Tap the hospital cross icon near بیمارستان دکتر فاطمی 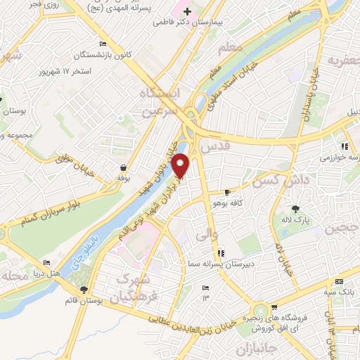(187, 12)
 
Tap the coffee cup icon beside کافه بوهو (227, 192)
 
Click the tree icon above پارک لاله (295, 208)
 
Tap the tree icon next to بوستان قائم (84, 290)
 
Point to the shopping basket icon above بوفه (124, 168)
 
